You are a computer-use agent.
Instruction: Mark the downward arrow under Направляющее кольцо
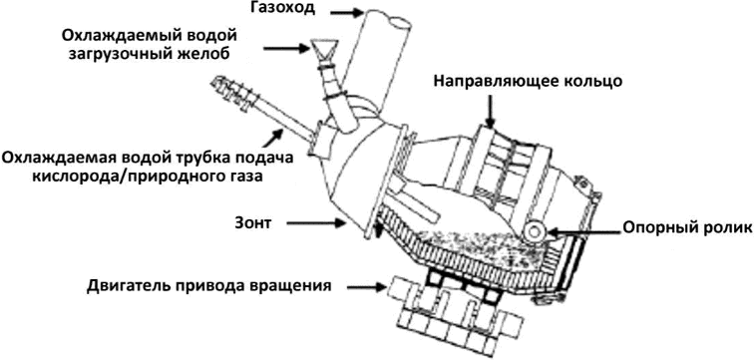490,110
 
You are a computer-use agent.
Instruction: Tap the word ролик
725,228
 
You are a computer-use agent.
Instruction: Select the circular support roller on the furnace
533,231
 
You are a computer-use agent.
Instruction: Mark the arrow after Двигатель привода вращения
366,288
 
